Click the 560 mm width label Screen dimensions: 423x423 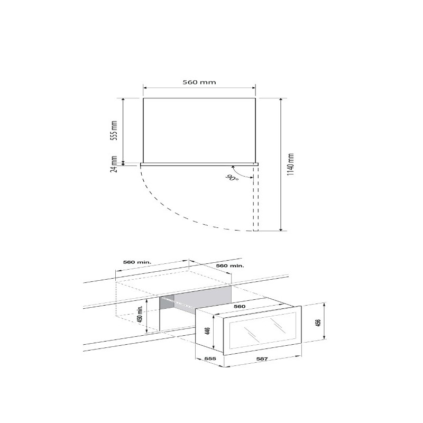[199, 82]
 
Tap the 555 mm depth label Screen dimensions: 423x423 [114, 130]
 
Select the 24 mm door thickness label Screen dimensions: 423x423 [114, 164]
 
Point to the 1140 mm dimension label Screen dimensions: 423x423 [290, 164]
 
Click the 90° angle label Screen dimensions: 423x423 [232, 178]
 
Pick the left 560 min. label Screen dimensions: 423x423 [137, 262]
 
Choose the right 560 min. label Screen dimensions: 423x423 [230, 266]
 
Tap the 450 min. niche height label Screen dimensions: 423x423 [140, 314]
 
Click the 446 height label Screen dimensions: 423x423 [207, 331]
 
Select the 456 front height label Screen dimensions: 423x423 [318, 323]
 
